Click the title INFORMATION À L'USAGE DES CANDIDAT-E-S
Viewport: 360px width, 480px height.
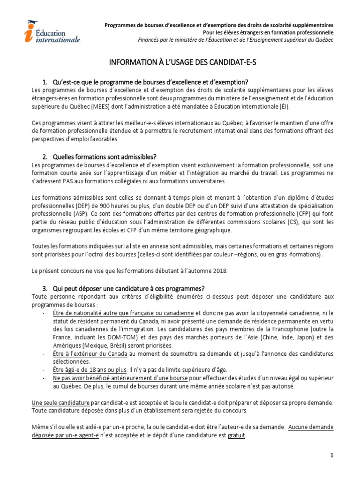180,63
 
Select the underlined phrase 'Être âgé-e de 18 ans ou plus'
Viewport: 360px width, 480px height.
90,369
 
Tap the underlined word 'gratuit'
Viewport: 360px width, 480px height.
237,435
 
